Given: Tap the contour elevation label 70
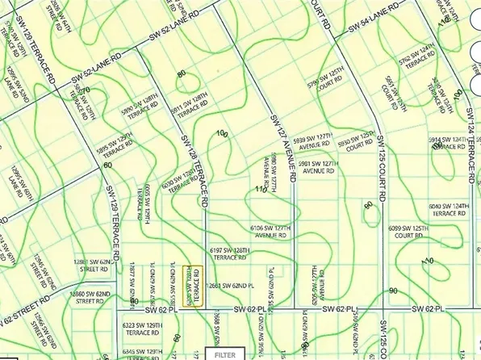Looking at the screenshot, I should click(84, 90).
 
